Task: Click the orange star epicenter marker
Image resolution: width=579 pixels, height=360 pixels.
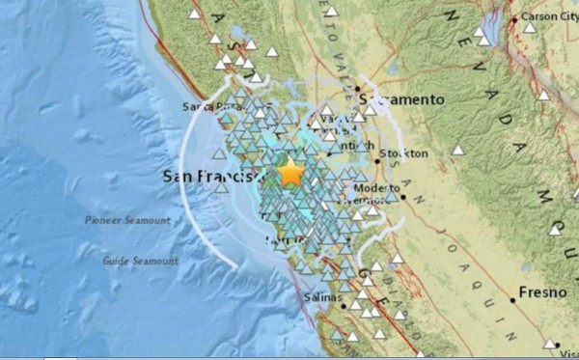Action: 289,174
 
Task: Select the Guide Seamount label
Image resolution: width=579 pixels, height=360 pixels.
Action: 142,261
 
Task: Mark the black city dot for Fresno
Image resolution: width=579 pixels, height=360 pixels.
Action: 512,300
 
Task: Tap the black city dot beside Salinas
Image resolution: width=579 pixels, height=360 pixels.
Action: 344,308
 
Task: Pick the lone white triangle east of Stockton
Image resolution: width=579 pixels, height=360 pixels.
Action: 458,151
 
